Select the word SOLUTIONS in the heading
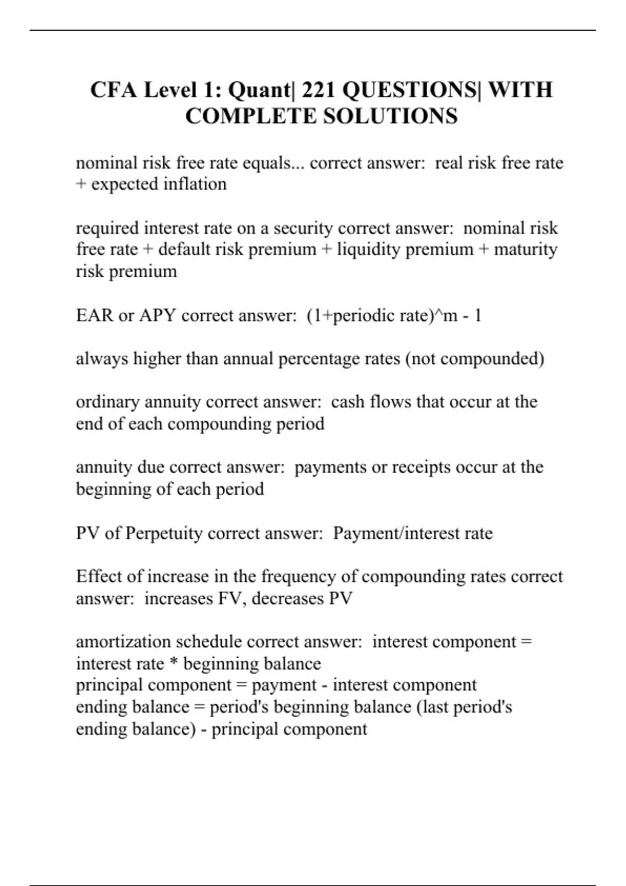click(391, 116)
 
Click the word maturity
click(525, 250)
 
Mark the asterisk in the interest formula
click(174, 664)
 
